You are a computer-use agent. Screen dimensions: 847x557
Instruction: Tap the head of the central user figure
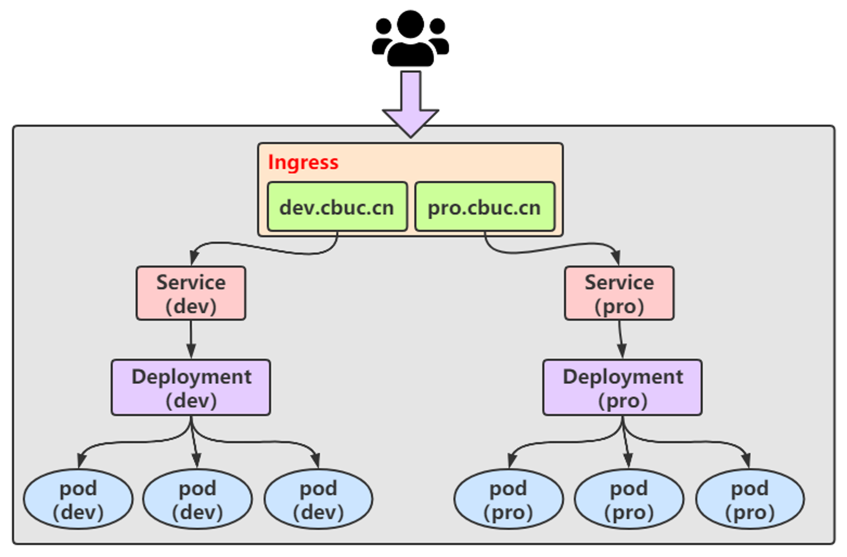click(410, 24)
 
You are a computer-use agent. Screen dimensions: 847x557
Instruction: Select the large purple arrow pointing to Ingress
click(410, 104)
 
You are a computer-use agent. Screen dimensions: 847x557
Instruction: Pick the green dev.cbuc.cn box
click(338, 207)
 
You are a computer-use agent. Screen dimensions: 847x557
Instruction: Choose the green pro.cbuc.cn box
click(485, 207)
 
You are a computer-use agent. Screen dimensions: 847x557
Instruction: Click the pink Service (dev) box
click(191, 293)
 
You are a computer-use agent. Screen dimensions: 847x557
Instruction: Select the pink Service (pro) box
click(619, 293)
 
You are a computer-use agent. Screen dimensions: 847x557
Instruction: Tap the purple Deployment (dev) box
click(191, 387)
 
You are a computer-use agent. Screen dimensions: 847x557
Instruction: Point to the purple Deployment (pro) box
click(623, 387)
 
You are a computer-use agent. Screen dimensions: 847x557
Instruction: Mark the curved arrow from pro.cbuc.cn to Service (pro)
click(551, 248)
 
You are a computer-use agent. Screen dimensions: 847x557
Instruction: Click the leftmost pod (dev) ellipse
click(78, 499)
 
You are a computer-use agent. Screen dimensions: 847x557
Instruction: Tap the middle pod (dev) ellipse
click(198, 499)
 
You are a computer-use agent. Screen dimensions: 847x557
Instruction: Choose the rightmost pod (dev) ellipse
click(318, 499)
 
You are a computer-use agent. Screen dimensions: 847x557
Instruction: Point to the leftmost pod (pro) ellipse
click(509, 499)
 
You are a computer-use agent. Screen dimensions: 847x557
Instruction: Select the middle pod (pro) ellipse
click(629, 499)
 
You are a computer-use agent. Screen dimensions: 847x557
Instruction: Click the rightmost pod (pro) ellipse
click(750, 499)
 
